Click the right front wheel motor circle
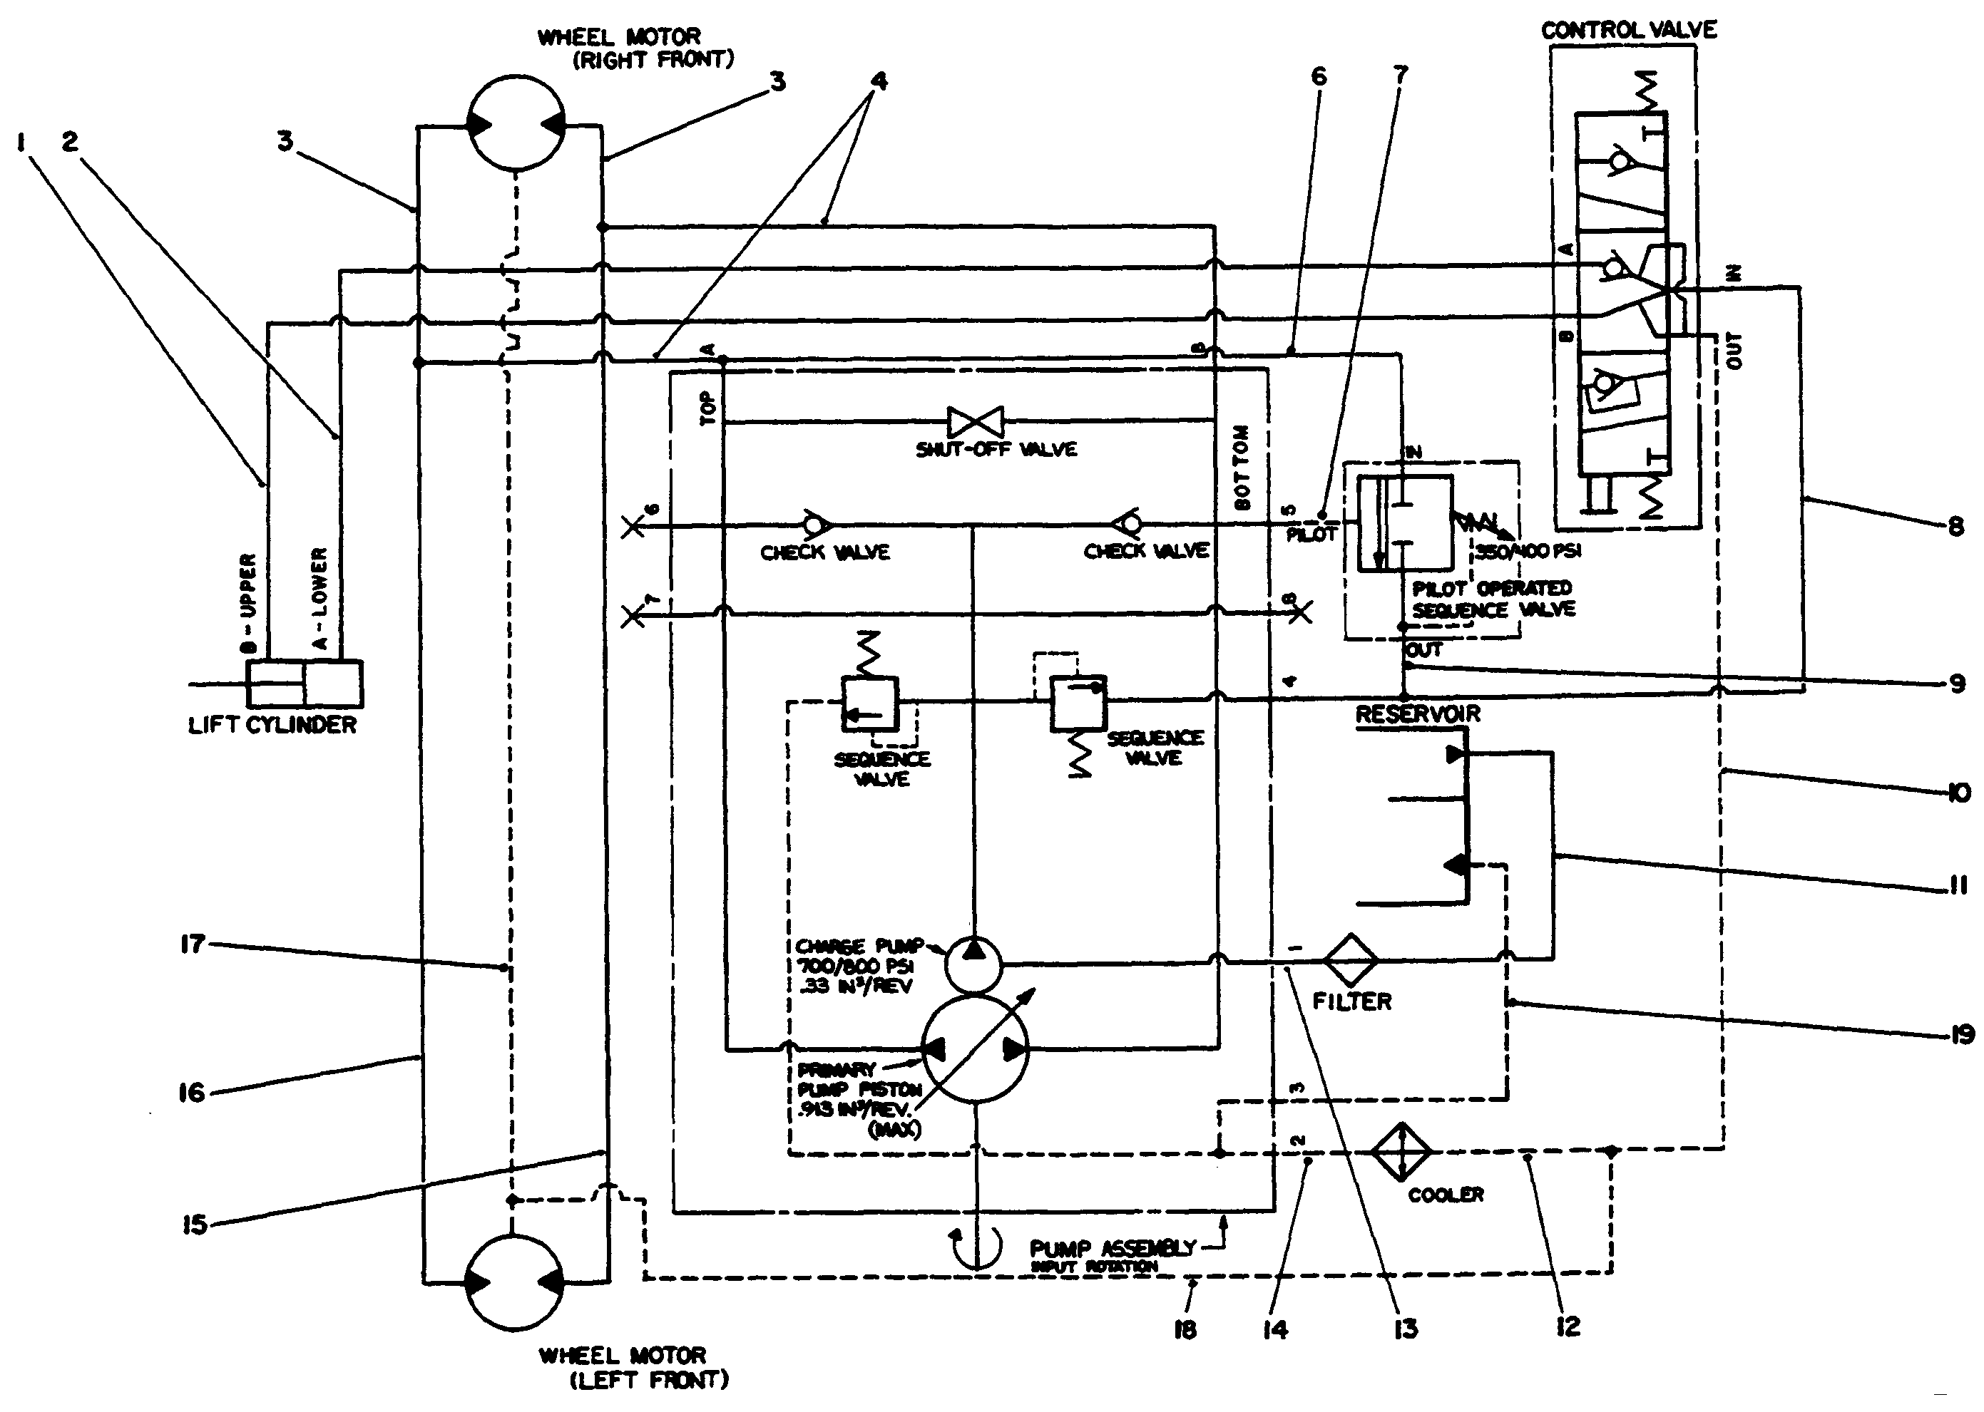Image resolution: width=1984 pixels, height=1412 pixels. [516, 124]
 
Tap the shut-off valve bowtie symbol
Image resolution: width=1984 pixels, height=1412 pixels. [975, 423]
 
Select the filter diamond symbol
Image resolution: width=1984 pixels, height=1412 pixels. [1350, 960]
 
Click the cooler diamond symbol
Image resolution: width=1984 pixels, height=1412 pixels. [1401, 1151]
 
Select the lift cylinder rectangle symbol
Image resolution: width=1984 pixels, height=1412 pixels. [305, 684]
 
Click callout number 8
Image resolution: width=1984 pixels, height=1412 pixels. [1955, 527]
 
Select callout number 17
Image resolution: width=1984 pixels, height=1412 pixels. [193, 944]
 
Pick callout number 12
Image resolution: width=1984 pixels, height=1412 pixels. [1568, 1326]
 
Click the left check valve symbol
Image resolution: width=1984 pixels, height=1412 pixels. [815, 525]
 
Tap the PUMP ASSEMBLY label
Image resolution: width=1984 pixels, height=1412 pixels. [1113, 1249]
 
